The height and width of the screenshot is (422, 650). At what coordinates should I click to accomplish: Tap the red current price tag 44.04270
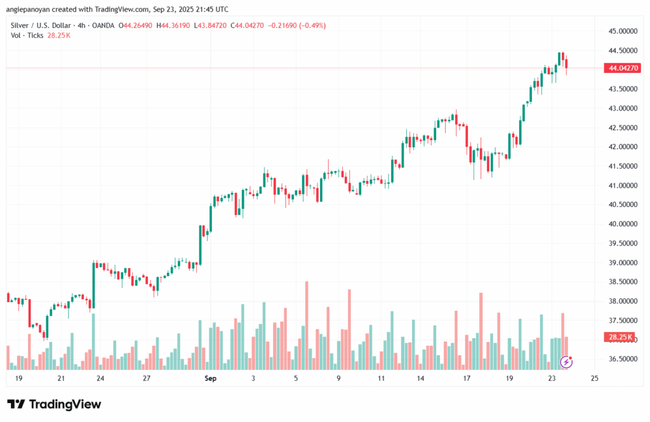[623, 68]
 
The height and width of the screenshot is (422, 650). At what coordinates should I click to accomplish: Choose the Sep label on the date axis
[211, 378]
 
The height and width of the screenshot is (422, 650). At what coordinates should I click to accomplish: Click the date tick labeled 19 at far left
[18, 378]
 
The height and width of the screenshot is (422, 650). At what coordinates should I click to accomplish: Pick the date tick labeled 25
[594, 378]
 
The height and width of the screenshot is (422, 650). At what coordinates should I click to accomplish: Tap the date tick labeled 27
[146, 378]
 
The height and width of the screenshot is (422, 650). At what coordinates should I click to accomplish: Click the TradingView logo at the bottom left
[54, 404]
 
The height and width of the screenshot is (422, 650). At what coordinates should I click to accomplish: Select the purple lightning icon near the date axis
[567, 362]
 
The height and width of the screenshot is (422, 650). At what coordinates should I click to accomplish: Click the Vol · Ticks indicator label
[27, 36]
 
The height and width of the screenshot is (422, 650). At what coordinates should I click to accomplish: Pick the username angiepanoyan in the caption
[31, 10]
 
